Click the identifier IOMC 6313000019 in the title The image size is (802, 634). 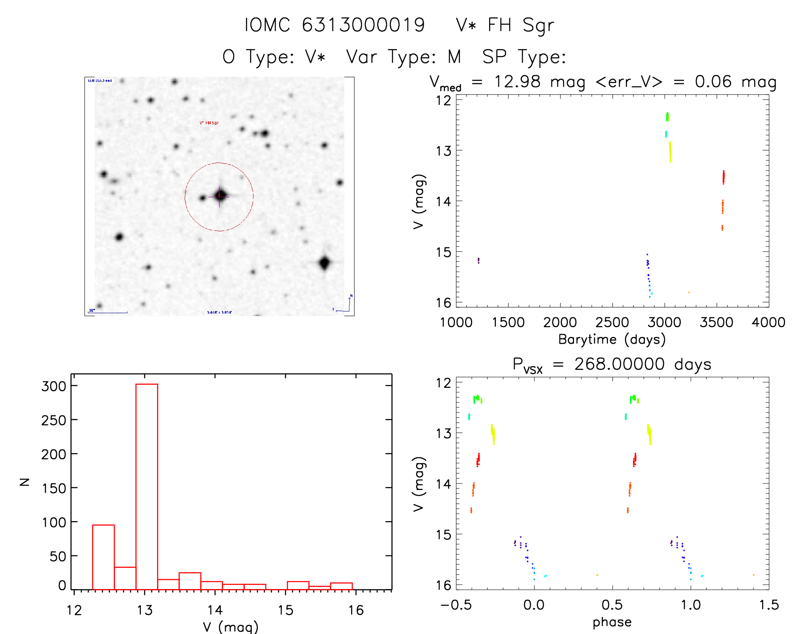pyautogui.click(x=335, y=25)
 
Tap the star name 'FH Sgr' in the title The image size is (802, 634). pyautogui.click(x=521, y=25)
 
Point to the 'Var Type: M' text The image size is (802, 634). pyautogui.click(x=403, y=57)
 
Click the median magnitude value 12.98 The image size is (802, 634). pyautogui.click(x=517, y=81)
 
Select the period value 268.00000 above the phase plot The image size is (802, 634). pyautogui.click(x=619, y=364)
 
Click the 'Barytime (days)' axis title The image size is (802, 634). pyautogui.click(x=612, y=339)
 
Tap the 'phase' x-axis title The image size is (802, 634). pyautogui.click(x=612, y=622)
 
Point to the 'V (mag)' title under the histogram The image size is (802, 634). pyautogui.click(x=231, y=627)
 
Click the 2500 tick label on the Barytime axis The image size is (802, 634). pyautogui.click(x=612, y=323)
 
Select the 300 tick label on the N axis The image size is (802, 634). pyautogui.click(x=54, y=386)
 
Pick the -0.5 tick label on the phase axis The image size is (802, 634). pyautogui.click(x=456, y=605)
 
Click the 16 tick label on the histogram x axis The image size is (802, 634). pyautogui.click(x=356, y=610)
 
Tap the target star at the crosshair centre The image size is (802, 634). pyautogui.click(x=219, y=196)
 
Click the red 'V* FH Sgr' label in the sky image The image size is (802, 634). pyautogui.click(x=209, y=123)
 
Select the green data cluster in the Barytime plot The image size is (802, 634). pyautogui.click(x=667, y=116)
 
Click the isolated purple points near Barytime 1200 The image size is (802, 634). pyautogui.click(x=478, y=261)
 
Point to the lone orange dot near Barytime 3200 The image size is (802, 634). pyautogui.click(x=689, y=292)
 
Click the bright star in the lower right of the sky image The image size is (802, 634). pyautogui.click(x=325, y=263)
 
